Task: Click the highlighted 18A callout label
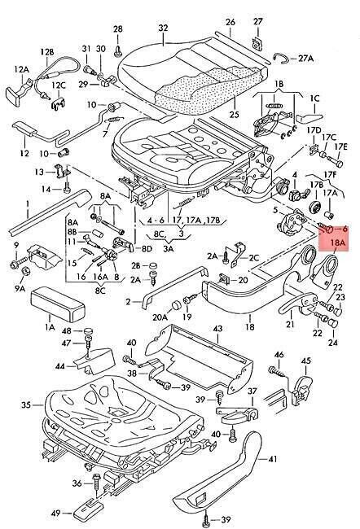[339, 243]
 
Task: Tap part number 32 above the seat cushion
[163, 28]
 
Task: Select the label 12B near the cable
[47, 52]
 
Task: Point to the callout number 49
[56, 514]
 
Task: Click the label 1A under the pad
[50, 327]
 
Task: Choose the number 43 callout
[217, 328]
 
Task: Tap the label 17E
[340, 146]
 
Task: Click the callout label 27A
[306, 59]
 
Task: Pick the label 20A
[160, 317]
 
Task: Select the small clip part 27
[257, 43]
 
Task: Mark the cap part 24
[333, 323]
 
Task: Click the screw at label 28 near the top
[117, 51]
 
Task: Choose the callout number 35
[26, 404]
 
